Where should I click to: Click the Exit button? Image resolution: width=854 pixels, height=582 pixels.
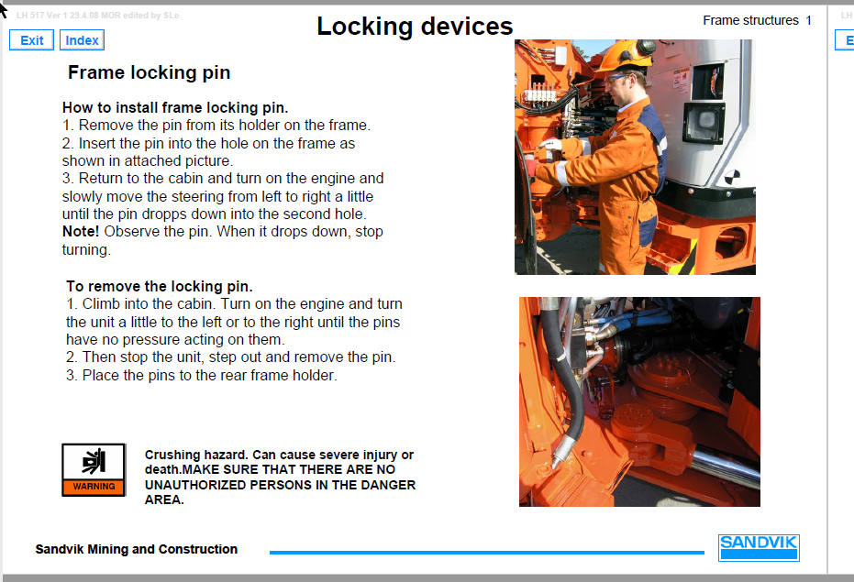point(31,40)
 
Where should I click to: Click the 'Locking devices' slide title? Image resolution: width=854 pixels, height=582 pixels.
point(415,27)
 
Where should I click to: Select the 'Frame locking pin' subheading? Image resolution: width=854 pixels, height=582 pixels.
point(149,72)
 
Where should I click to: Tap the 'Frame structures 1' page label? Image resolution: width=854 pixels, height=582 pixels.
point(757,20)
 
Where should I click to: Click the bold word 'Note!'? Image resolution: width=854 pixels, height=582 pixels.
point(81,232)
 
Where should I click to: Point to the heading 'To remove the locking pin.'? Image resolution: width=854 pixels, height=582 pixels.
point(160,286)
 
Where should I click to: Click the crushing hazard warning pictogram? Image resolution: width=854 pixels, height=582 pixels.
point(93,462)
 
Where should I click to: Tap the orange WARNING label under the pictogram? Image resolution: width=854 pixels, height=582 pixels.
point(94,487)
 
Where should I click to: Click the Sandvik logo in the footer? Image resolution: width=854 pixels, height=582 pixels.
point(759,546)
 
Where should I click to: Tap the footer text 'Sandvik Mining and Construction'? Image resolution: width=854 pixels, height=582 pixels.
point(137,549)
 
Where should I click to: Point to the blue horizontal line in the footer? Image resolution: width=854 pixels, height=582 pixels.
point(486,552)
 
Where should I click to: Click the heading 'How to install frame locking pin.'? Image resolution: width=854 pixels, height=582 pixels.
point(175,107)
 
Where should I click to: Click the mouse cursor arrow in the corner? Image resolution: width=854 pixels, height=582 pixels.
point(5,8)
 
